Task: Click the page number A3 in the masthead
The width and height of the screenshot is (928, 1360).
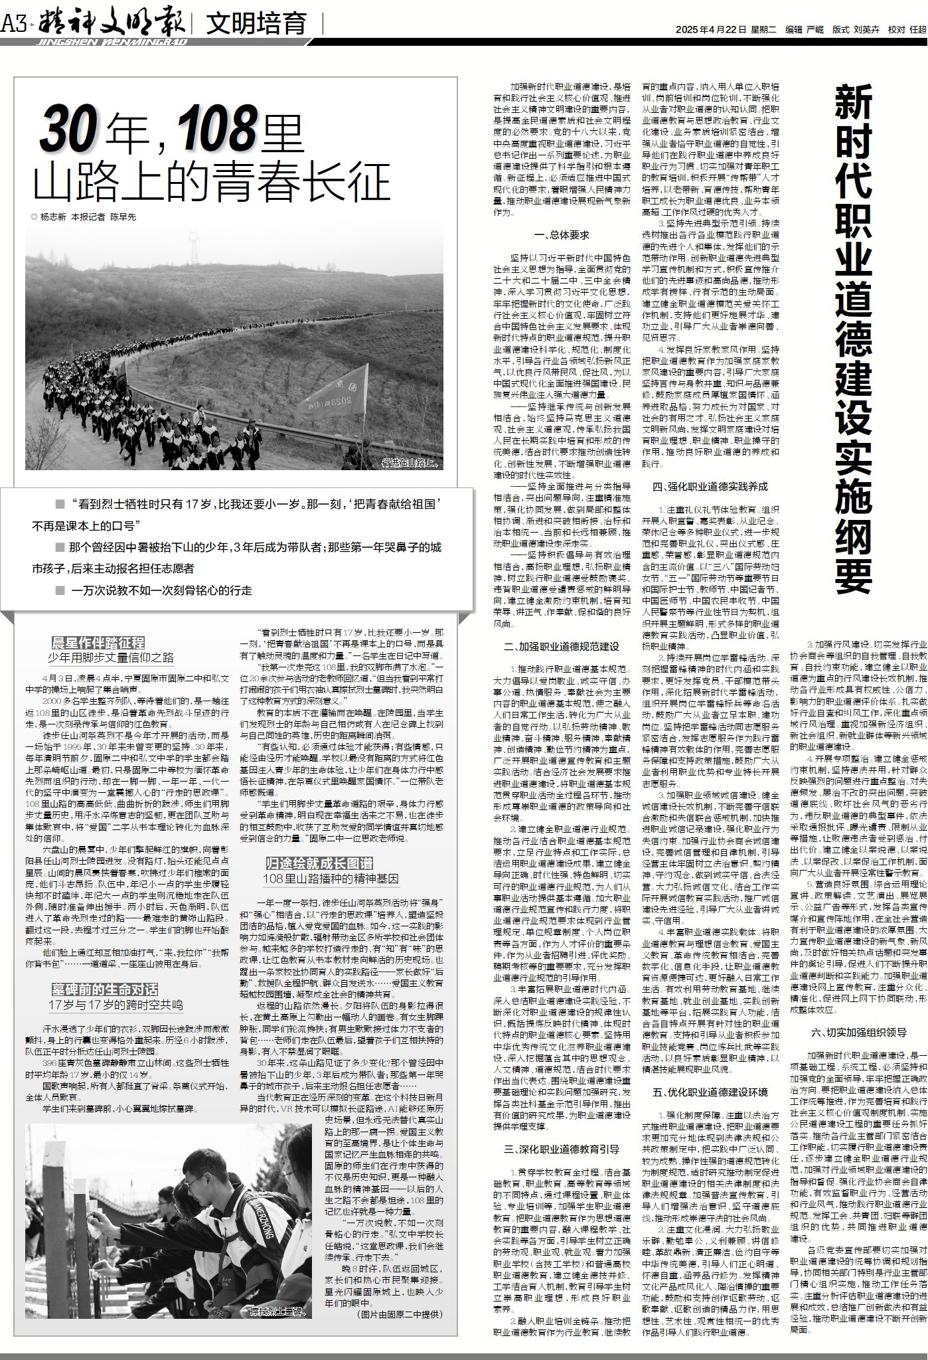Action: point(13,25)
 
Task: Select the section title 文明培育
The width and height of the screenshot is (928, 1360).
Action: point(256,25)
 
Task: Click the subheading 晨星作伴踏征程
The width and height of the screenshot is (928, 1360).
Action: point(98,642)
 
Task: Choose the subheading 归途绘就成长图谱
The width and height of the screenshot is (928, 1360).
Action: point(319,863)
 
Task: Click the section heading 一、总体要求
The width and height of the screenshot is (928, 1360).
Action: point(561,234)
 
